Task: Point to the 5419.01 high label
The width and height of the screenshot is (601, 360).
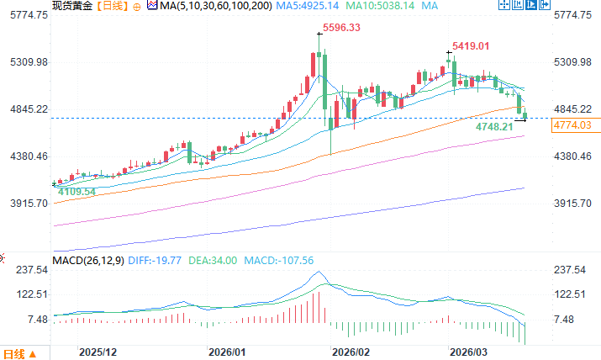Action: (x=470, y=45)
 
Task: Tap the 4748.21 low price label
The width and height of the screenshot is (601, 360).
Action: (x=493, y=126)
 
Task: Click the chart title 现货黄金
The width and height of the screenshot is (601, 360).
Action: (x=72, y=6)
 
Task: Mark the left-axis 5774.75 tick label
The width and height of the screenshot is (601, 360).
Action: (x=26, y=16)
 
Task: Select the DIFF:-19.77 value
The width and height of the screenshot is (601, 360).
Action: (x=153, y=261)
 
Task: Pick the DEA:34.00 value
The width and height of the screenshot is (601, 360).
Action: (x=219, y=261)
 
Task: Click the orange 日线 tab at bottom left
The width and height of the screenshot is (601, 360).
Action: (x=16, y=352)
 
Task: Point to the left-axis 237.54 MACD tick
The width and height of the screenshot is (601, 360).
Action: (x=29, y=270)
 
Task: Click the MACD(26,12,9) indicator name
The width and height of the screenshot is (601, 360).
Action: (x=87, y=261)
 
